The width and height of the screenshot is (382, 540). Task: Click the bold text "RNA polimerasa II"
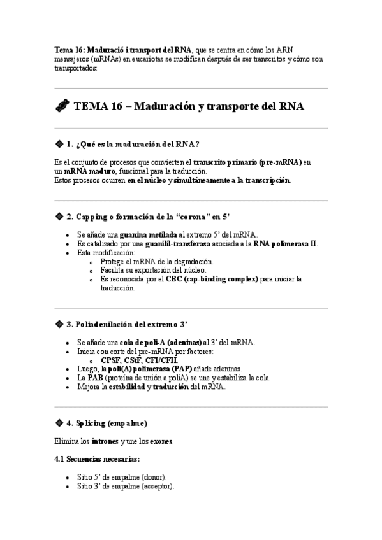point(285,244)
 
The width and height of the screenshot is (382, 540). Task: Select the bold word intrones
point(105,441)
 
